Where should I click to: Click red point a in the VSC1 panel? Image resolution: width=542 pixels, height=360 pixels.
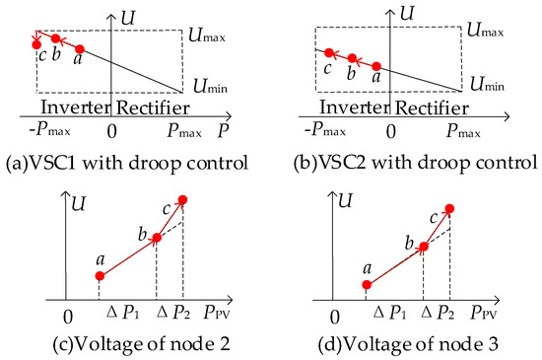point(80,48)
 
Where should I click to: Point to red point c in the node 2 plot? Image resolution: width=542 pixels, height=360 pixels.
point(181,200)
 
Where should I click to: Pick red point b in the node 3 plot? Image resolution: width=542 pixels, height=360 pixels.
point(423,247)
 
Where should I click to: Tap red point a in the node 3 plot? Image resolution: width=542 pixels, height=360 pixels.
point(367,285)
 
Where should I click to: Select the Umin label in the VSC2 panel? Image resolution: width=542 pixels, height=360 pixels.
point(482,87)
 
